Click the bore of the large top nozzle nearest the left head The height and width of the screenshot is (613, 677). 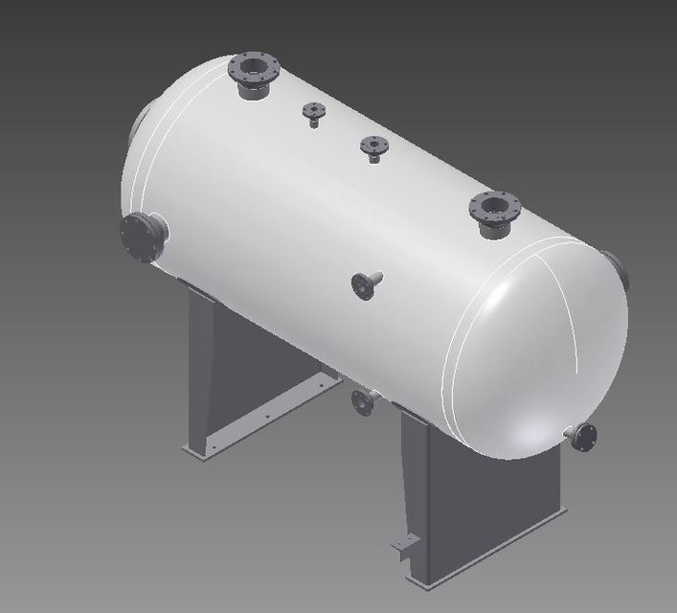pyautogui.click(x=254, y=67)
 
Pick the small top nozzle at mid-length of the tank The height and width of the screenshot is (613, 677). pyautogui.click(x=373, y=147)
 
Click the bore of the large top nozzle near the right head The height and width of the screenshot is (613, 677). pyautogui.click(x=494, y=205)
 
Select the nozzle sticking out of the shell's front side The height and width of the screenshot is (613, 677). pyautogui.click(x=366, y=284)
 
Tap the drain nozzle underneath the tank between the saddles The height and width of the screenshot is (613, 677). pyautogui.click(x=363, y=401)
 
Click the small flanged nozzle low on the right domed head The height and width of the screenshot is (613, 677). pyautogui.click(x=583, y=437)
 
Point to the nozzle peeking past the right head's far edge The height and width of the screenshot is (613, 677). pyautogui.click(x=618, y=269)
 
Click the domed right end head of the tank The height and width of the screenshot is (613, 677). pyautogui.click(x=536, y=354)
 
